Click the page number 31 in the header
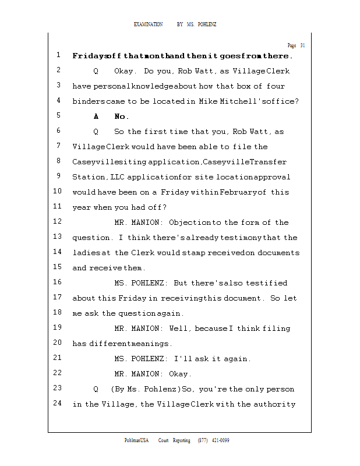point(302,45)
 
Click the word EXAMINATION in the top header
point(148,24)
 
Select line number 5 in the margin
point(59,116)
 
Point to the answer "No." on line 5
point(122,116)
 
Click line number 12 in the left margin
point(57,222)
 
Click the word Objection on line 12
point(190,223)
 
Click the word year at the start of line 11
point(82,207)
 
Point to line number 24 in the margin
point(57,404)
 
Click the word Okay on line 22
point(179,374)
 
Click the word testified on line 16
point(266,283)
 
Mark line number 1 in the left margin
point(59,55)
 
